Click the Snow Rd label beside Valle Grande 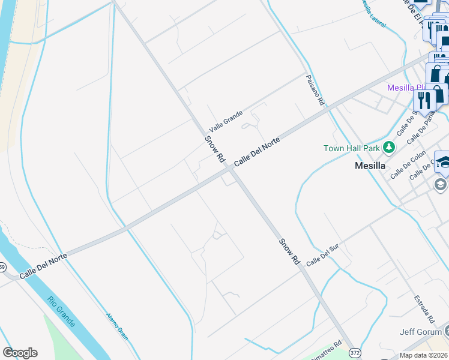214,149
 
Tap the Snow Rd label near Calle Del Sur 289,253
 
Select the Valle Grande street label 226,122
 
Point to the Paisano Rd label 315,91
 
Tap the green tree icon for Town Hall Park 390,147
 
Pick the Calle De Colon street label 408,164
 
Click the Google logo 20,353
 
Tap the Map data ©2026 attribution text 423,355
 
